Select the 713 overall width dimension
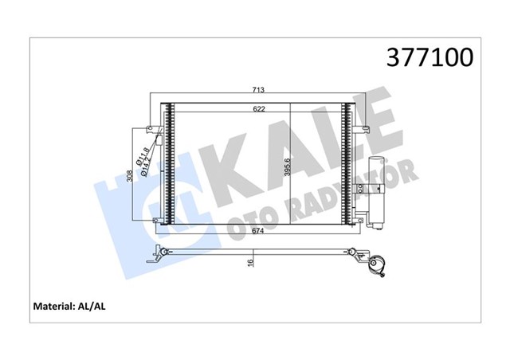(260, 90)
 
